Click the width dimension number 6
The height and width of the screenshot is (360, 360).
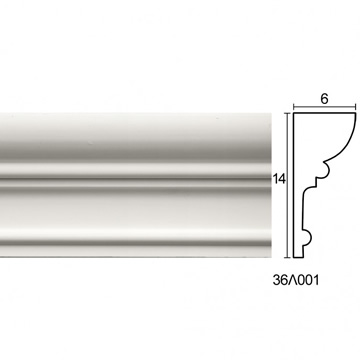[x=325, y=99]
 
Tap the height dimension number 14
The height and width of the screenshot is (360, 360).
[x=279, y=179]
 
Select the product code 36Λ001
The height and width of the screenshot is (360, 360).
[x=296, y=280]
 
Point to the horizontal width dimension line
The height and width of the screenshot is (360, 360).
[x=325, y=107]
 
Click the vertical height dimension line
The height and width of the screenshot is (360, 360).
[x=287, y=185]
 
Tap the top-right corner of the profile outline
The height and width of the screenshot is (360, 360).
[x=356, y=113]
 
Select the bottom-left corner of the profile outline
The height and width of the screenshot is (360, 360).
[x=294, y=257]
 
